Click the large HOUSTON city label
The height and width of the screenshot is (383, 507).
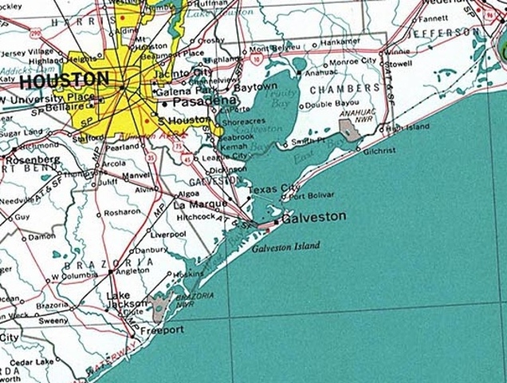(x=64, y=80)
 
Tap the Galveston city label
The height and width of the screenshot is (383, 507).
(x=314, y=217)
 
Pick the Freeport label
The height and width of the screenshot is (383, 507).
(x=162, y=330)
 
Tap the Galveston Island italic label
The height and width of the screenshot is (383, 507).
(x=285, y=247)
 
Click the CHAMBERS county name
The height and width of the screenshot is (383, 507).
(x=344, y=88)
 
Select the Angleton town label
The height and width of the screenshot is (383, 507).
(x=133, y=270)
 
